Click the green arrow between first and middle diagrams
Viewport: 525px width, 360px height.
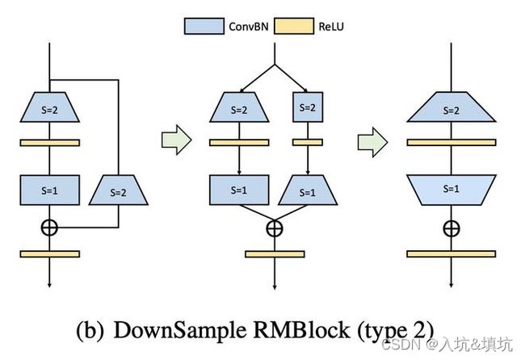click(x=175, y=142)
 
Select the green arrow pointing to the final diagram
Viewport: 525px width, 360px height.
click(x=372, y=142)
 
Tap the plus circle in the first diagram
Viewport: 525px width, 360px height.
click(x=50, y=227)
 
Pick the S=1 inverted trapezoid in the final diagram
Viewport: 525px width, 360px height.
click(x=451, y=189)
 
